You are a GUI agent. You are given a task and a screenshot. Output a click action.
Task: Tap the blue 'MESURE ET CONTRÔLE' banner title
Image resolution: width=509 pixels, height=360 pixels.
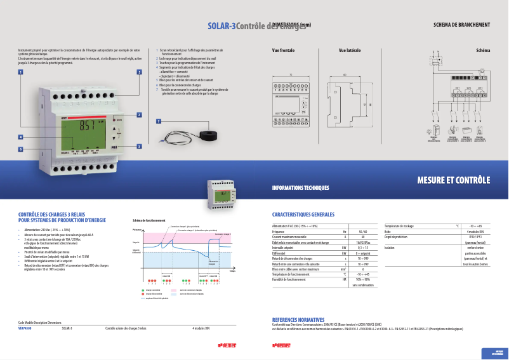point(453,180)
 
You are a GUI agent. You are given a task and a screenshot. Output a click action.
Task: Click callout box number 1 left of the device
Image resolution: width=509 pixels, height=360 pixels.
point(20,72)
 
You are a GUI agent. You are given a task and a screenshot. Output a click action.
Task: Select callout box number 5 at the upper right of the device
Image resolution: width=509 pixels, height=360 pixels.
point(139,72)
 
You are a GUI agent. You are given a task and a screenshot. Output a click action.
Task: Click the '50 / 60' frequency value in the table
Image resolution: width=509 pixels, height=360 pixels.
point(362,232)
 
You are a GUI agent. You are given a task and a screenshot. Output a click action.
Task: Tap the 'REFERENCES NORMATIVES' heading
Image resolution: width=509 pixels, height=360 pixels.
point(298,319)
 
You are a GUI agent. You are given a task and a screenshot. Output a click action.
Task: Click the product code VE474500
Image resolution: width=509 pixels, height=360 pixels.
point(25,328)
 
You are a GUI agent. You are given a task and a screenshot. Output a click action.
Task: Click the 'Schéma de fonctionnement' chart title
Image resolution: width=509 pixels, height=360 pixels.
point(149,220)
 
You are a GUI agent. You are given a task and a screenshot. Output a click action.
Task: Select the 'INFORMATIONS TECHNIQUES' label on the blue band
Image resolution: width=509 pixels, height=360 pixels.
point(300,188)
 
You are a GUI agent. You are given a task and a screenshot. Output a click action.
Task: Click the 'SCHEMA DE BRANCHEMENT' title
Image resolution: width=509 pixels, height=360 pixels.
point(461,25)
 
